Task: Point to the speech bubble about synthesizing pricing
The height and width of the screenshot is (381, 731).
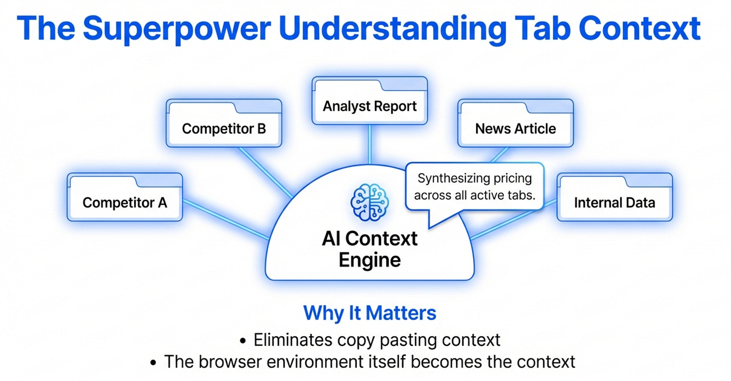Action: coord(474,186)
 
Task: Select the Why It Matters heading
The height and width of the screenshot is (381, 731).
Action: coord(370,313)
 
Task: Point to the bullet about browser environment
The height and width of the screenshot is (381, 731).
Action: coord(369,361)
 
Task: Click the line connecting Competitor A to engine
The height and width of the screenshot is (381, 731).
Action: coord(226,219)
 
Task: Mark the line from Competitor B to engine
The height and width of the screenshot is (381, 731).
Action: coord(265,172)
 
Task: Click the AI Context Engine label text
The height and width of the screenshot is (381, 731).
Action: coord(370,249)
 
